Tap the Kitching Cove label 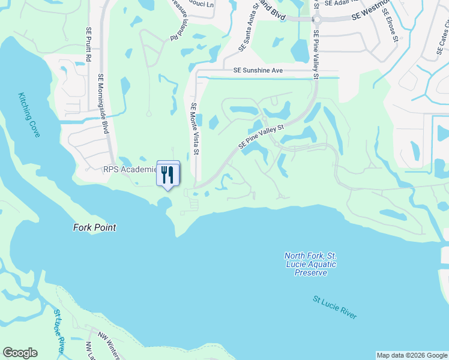[x=28, y=115]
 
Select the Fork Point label [x=94, y=228]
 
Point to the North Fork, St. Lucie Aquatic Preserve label [x=310, y=265]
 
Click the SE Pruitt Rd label [x=88, y=44]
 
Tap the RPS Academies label [x=129, y=170]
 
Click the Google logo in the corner [x=20, y=353]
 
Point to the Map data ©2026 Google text [x=411, y=355]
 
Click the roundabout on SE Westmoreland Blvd [x=316, y=19]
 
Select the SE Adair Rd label [x=340, y=4]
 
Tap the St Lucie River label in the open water [x=334, y=307]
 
